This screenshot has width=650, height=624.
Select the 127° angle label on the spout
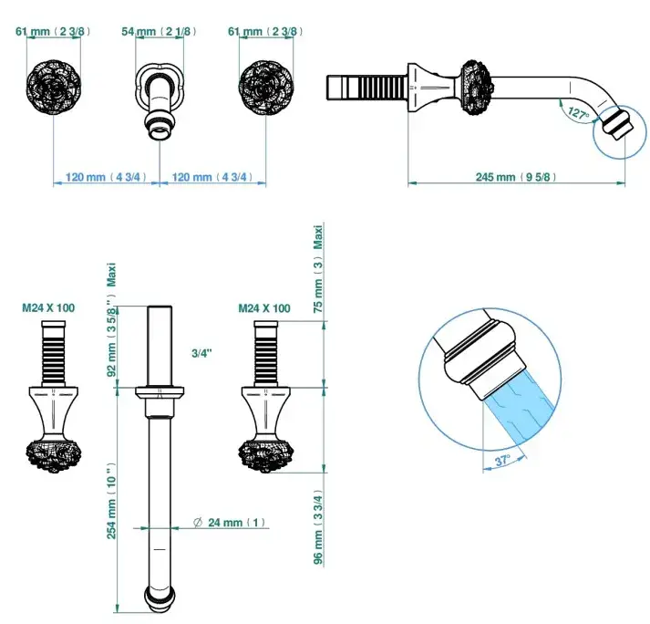tap(575, 114)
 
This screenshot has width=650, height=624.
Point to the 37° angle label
tap(502, 461)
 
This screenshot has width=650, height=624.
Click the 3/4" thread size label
tap(202, 351)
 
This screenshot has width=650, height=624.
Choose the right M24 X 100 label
tap(264, 308)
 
